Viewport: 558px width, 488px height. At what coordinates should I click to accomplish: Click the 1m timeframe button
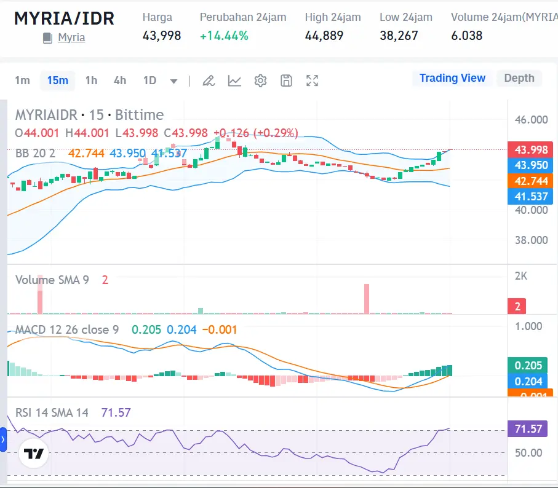[x=23, y=81]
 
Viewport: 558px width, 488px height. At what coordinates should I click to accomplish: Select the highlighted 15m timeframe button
[x=57, y=81]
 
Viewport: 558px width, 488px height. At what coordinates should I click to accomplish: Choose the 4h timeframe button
[x=120, y=81]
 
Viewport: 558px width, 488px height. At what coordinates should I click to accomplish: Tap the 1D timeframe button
[x=149, y=81]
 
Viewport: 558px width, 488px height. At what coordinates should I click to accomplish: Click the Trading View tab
[x=452, y=78]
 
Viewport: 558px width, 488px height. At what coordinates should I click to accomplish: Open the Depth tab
[x=519, y=78]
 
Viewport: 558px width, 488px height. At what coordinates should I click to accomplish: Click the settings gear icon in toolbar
[x=260, y=81]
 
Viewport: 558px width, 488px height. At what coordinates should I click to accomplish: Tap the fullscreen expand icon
[x=312, y=81]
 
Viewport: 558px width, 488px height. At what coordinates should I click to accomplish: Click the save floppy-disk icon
[x=286, y=81]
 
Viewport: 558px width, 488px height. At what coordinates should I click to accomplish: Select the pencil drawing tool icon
[x=209, y=81]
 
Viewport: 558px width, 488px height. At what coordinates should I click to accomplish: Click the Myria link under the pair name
[x=71, y=37]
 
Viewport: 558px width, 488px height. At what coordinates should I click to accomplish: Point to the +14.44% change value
[x=224, y=36]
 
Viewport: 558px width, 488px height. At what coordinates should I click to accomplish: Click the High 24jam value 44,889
[x=324, y=36]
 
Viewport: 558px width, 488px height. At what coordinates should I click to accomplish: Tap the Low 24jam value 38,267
[x=399, y=36]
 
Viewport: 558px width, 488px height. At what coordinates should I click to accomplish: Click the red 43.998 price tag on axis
[x=530, y=149]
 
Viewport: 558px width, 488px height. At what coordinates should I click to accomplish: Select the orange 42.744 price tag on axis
[x=530, y=181]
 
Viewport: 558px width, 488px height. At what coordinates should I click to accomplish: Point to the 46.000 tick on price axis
[x=531, y=119]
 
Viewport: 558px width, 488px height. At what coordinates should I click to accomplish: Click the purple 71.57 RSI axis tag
[x=528, y=428]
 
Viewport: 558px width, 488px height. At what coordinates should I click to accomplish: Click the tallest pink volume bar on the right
[x=367, y=299]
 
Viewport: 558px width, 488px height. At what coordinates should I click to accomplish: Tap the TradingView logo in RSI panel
[x=34, y=454]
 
